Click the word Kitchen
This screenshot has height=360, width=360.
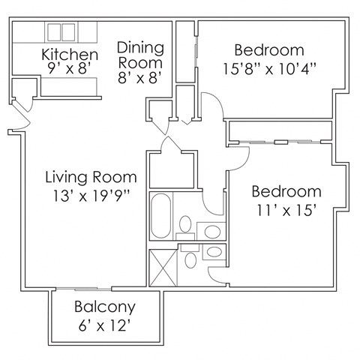(x=69, y=55)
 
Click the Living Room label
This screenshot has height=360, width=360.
(x=91, y=178)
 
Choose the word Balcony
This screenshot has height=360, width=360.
(x=105, y=306)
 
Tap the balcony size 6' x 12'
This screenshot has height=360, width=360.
(x=105, y=325)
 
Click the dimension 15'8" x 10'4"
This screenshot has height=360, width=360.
(x=268, y=70)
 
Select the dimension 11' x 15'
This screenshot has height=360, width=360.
(x=286, y=210)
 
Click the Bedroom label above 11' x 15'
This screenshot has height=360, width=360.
(x=286, y=190)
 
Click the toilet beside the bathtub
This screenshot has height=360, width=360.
(x=185, y=223)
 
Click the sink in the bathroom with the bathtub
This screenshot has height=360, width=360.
(x=213, y=231)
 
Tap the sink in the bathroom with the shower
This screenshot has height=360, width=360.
(x=214, y=251)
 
